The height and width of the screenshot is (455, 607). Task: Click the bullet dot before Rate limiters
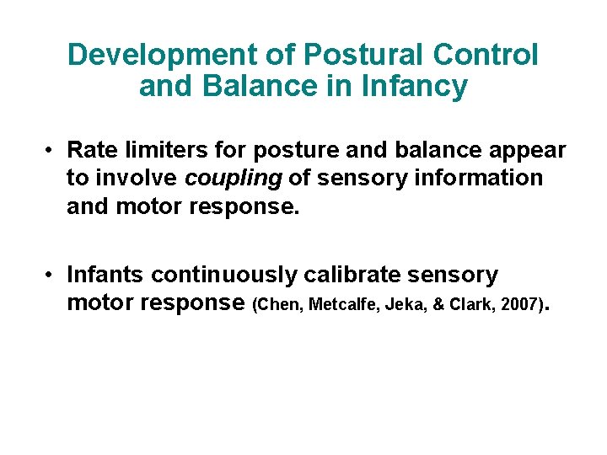tap(51, 151)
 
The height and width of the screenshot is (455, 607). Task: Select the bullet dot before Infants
tap(51, 276)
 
